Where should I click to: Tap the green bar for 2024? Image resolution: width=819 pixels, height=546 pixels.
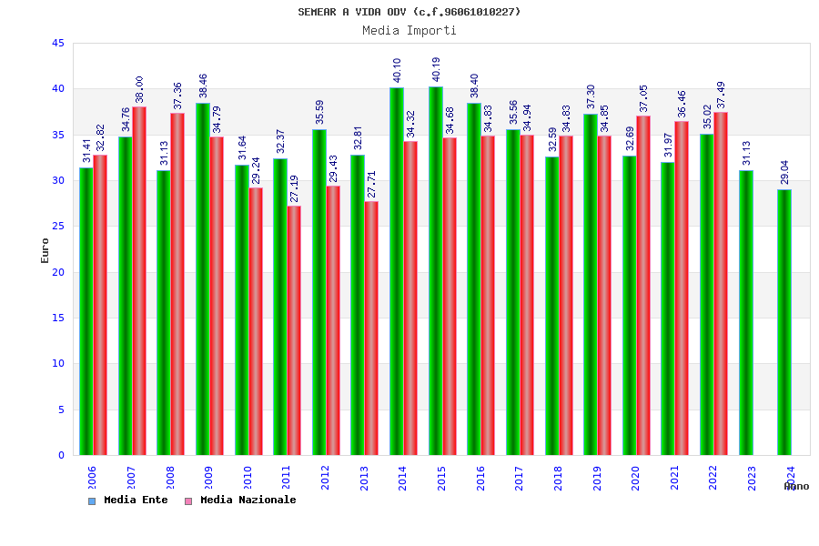point(784,322)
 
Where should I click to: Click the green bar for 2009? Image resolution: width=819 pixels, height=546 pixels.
point(202,278)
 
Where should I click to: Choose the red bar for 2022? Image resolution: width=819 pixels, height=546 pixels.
point(721,283)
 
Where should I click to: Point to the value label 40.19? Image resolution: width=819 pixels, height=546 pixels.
point(436,70)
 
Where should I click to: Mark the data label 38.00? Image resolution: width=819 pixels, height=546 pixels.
point(139,90)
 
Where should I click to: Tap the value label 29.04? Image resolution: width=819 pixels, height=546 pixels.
point(784,173)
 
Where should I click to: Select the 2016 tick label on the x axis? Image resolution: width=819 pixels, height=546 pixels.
point(480,479)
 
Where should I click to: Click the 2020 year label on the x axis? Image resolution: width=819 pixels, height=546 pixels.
point(636,479)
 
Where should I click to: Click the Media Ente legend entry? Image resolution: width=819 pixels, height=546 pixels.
point(129,500)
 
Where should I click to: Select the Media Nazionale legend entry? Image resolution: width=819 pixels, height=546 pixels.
point(241,500)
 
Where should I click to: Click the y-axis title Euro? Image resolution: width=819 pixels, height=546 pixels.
point(45,250)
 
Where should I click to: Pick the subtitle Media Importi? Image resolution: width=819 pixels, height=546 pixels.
point(409,30)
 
